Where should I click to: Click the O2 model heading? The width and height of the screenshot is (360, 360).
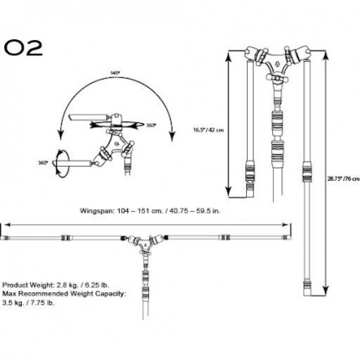coord(23,45)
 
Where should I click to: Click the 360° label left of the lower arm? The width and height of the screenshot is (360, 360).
coord(43,162)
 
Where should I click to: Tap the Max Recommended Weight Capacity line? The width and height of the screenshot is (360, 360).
coord(64,295)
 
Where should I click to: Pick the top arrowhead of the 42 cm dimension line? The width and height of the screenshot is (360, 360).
coord(231,52)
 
